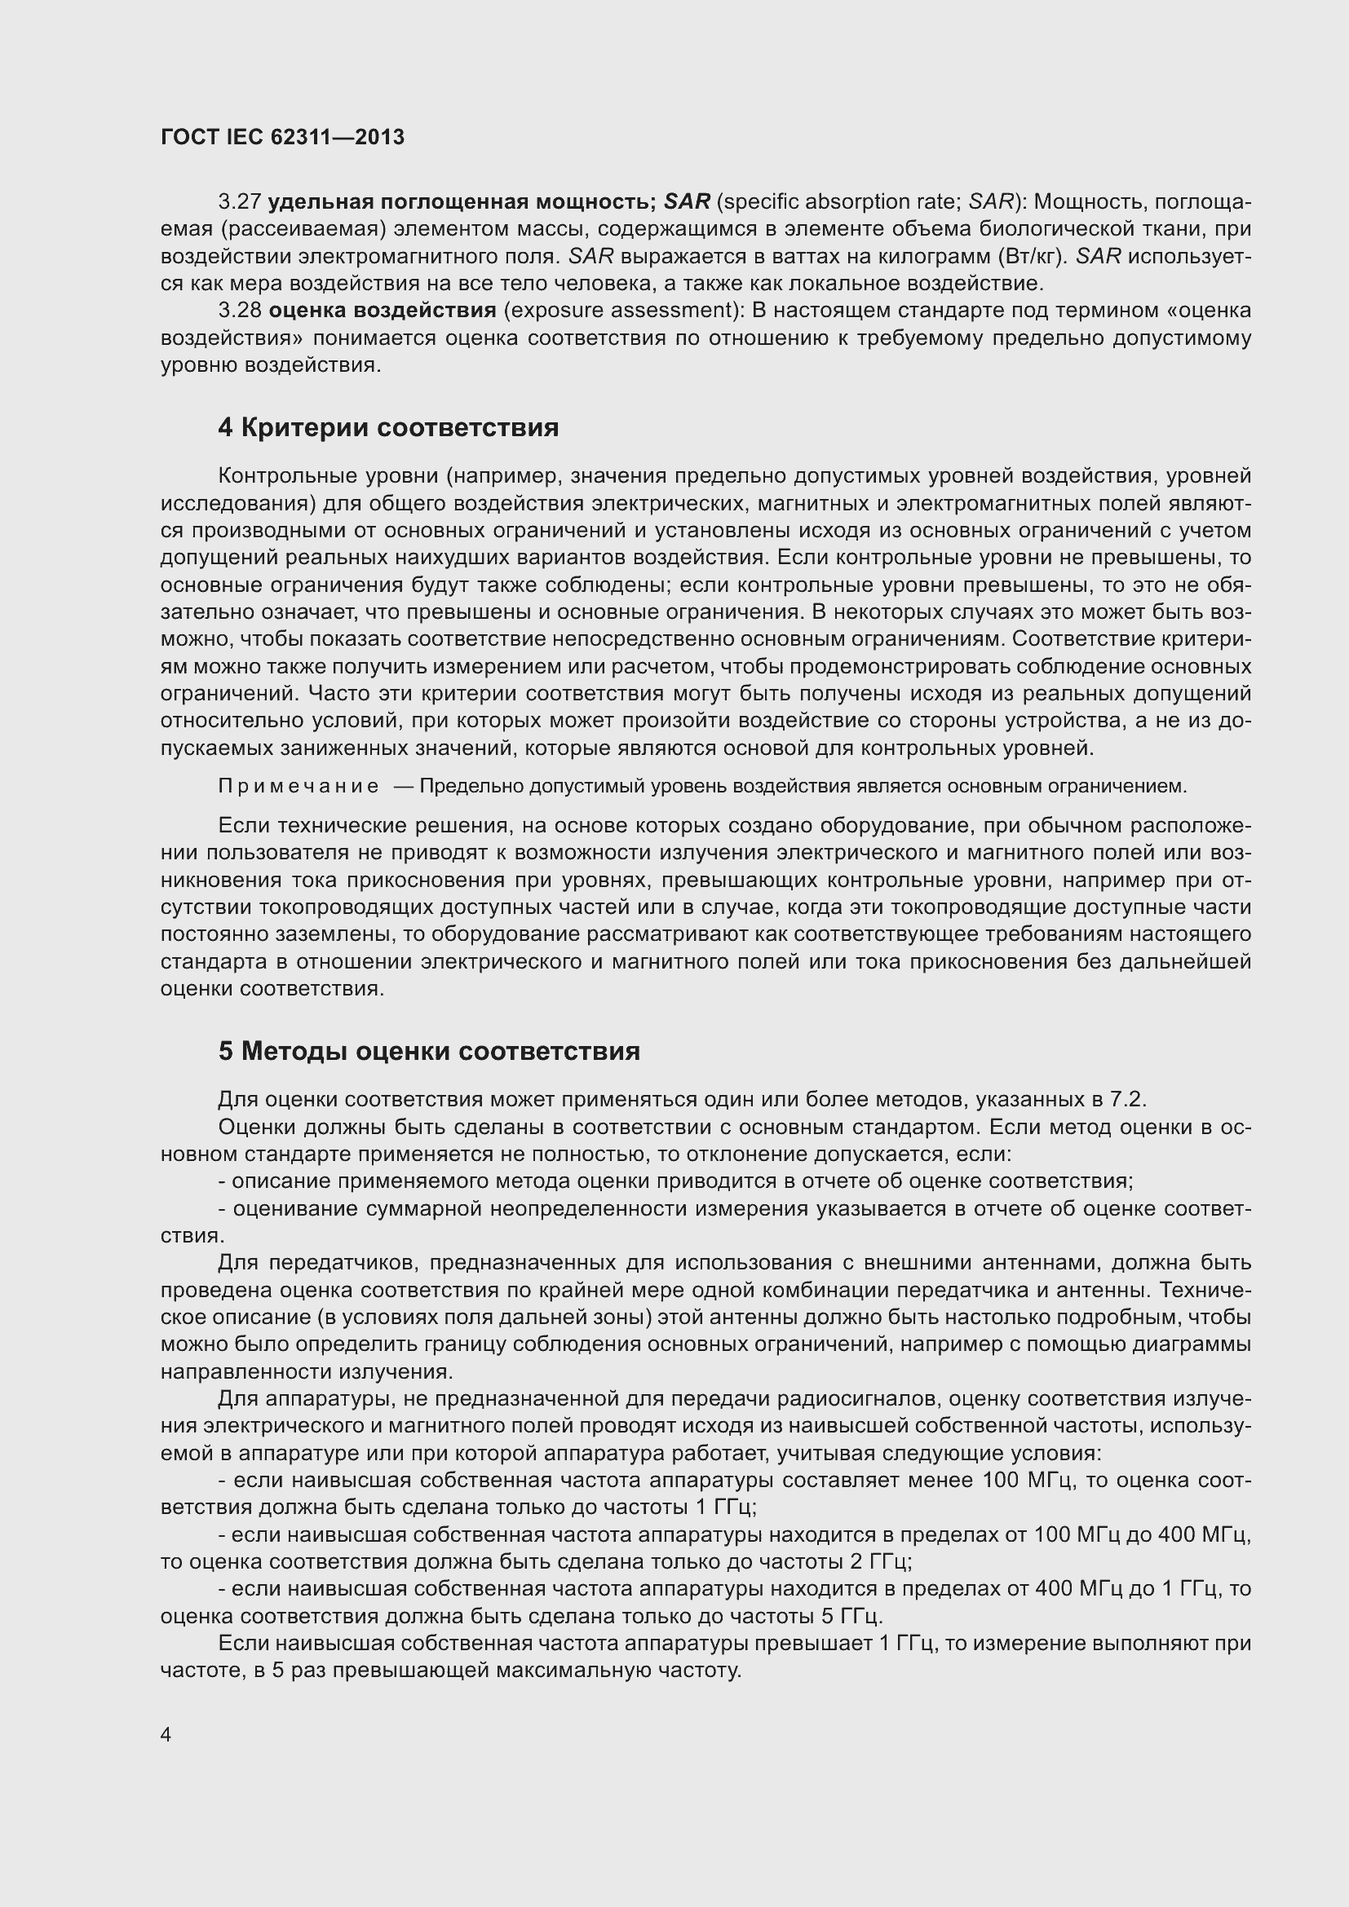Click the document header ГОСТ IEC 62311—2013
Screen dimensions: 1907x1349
pos(282,137)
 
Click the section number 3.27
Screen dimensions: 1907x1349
pos(240,202)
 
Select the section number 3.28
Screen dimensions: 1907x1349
pos(240,311)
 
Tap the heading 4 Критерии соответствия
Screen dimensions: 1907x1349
pos(388,428)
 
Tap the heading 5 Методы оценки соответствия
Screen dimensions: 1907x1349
pos(429,1052)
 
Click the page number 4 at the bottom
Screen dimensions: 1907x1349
pos(166,1734)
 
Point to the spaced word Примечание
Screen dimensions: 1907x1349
pos(299,786)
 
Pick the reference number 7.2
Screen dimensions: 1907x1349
pos(1126,1100)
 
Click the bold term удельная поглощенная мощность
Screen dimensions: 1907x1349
pos(462,202)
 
